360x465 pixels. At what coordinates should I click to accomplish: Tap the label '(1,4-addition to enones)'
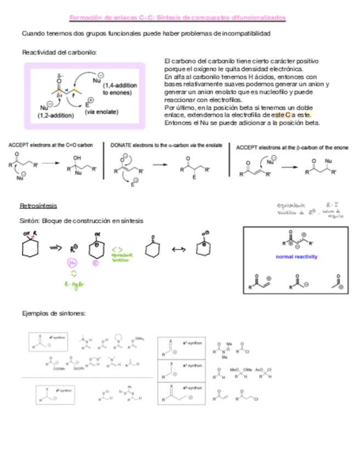pos(120,89)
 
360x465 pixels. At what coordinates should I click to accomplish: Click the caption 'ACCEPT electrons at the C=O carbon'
pos(50,145)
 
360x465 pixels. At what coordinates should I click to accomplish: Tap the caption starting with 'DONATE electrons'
pos(166,145)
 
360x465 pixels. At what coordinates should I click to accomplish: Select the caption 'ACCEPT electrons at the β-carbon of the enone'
pos(292,148)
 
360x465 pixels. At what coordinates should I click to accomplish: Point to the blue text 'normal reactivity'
pos(297,257)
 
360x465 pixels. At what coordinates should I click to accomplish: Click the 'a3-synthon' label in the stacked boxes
pos(193,388)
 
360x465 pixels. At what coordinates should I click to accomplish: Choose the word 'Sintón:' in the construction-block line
pos(30,221)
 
